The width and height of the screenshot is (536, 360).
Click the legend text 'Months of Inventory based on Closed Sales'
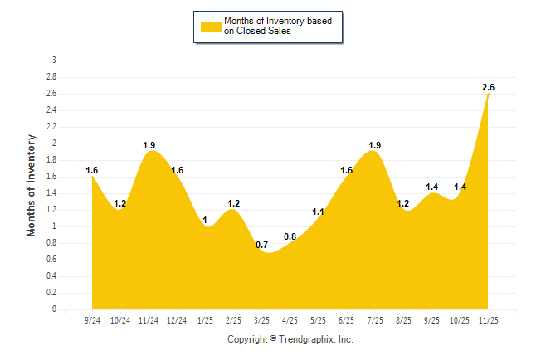pyautogui.click(x=271, y=26)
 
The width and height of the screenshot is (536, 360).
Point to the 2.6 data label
pyautogui.click(x=489, y=87)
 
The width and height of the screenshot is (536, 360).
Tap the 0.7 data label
pyautogui.click(x=262, y=245)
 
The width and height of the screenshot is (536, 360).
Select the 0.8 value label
pyautogui.click(x=290, y=236)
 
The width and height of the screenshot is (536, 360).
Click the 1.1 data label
pyautogui.click(x=319, y=212)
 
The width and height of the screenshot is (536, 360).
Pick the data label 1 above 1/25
pyautogui.click(x=206, y=220)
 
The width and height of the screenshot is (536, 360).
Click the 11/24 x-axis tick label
pyautogui.click(x=149, y=320)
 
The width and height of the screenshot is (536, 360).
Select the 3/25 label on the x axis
pyautogui.click(x=262, y=320)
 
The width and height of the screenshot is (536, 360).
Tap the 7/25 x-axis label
pyautogui.click(x=375, y=320)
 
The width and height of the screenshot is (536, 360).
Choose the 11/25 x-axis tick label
pyautogui.click(x=488, y=320)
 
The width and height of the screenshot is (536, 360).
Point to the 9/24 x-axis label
pyautogui.click(x=92, y=320)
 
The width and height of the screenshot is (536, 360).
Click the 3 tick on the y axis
pyautogui.click(x=54, y=61)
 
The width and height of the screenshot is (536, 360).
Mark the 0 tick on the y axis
pyautogui.click(x=54, y=309)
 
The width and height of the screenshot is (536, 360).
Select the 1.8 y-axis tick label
pyautogui.click(x=51, y=160)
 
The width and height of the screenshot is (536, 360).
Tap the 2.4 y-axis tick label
pyautogui.click(x=51, y=110)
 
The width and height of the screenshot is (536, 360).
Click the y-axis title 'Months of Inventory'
pyautogui.click(x=32, y=185)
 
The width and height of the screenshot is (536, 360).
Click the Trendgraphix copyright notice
pyautogui.click(x=290, y=339)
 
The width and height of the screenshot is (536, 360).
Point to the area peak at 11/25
pyautogui.click(x=488, y=95)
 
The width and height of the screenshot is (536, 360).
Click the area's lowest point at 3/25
pyautogui.click(x=264, y=252)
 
